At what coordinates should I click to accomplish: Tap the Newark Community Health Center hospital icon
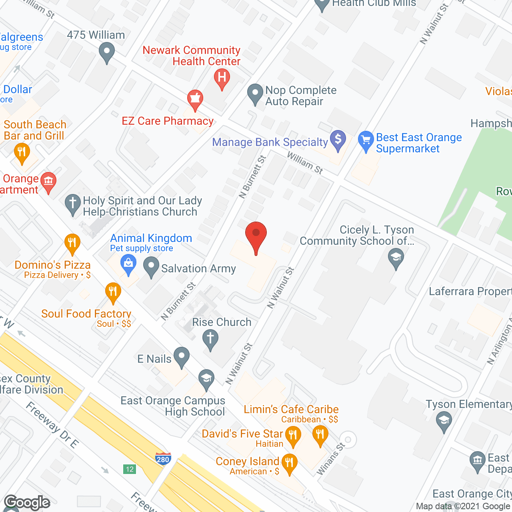click(x=222, y=78)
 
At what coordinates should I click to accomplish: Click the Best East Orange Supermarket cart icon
click(x=366, y=141)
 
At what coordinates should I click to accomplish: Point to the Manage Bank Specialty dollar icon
click(x=338, y=140)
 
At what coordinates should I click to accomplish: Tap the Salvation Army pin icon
click(x=151, y=267)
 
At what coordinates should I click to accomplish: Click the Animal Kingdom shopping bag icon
click(x=128, y=265)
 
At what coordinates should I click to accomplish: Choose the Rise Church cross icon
click(x=210, y=340)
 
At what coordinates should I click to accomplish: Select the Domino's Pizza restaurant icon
click(x=72, y=243)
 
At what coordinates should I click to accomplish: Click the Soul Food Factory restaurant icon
click(x=113, y=293)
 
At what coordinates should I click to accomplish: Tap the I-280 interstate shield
click(x=163, y=458)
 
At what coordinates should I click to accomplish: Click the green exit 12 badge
click(x=130, y=469)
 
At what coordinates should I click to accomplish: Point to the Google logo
click(x=27, y=502)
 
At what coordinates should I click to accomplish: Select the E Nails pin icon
click(x=182, y=357)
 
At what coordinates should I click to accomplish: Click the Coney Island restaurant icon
click(x=289, y=463)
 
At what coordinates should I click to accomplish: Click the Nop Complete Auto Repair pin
click(x=255, y=94)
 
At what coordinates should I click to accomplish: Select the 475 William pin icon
click(x=106, y=52)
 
